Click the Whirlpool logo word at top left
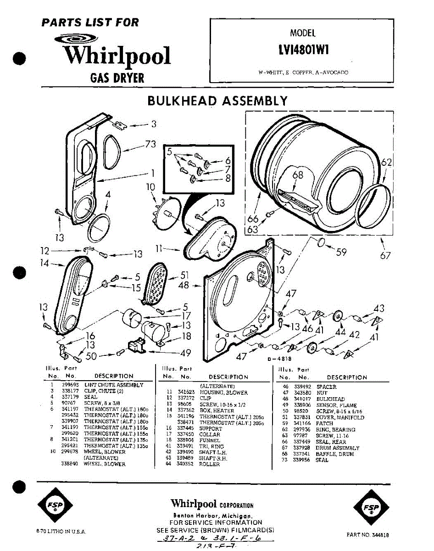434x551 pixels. pyautogui.click(x=117, y=56)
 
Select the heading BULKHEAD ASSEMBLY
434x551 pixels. pyautogui.click(x=217, y=101)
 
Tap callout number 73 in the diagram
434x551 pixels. pyautogui.click(x=150, y=144)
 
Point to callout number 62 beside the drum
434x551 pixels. pyautogui.click(x=387, y=162)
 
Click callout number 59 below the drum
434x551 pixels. pyautogui.click(x=340, y=252)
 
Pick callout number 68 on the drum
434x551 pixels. pyautogui.click(x=298, y=175)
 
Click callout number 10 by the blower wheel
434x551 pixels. pyautogui.click(x=151, y=187)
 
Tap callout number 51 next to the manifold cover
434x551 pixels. pyautogui.click(x=184, y=275)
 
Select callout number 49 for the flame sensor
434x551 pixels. pyautogui.click(x=185, y=353)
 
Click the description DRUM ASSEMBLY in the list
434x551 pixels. pyautogui.click(x=337, y=448)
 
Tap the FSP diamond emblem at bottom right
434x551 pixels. pyautogui.click(x=371, y=508)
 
